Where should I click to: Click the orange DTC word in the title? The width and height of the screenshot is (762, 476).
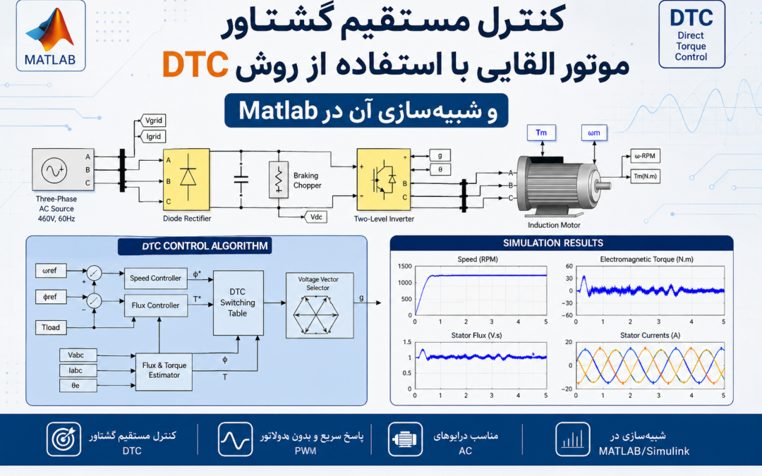[195, 64]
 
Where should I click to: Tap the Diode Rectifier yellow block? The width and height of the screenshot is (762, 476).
[186, 179]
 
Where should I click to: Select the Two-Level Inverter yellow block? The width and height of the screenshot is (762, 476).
[383, 179]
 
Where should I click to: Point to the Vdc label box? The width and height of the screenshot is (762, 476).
[316, 217]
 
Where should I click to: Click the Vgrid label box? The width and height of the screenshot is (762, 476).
[154, 121]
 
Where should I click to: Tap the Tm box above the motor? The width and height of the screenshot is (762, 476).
[541, 133]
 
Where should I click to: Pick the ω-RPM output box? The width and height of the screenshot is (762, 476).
[645, 156]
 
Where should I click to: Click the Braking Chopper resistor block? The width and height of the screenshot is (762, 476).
[279, 179]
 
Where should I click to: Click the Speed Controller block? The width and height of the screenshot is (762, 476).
[155, 279]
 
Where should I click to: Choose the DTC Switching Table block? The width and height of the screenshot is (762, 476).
[238, 303]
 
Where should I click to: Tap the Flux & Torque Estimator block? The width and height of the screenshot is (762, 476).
[164, 370]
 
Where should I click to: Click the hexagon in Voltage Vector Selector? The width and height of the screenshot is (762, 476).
[316, 315]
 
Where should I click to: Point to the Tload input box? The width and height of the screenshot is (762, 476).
[51, 327]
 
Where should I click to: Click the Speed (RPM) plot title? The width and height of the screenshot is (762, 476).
[478, 260]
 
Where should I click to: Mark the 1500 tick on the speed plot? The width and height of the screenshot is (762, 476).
[405, 266]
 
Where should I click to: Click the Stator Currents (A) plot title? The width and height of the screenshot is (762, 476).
[650, 335]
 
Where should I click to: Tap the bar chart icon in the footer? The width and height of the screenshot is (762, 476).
[572, 439]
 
